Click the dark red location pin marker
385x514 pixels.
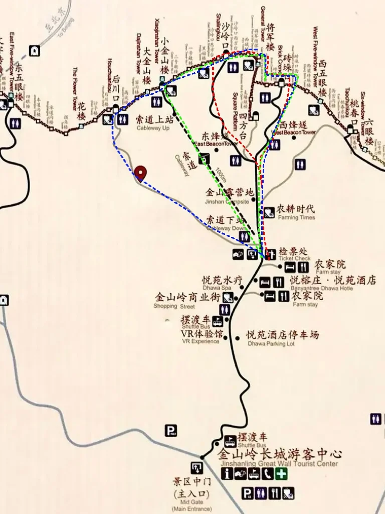click(141, 173)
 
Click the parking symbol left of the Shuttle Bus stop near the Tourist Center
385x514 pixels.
click(171, 430)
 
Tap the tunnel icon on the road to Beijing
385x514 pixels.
click(35, 50)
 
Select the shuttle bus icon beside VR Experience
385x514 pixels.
click(217, 321)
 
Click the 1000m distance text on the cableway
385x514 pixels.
click(220, 175)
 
